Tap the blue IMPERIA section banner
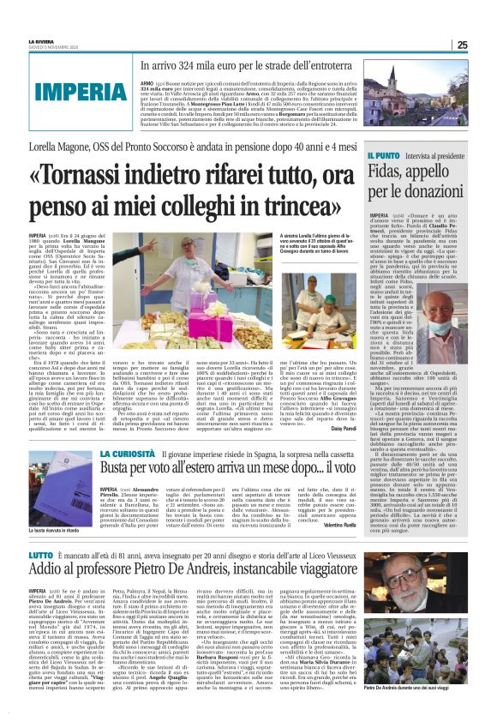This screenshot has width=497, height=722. pos(63,92)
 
